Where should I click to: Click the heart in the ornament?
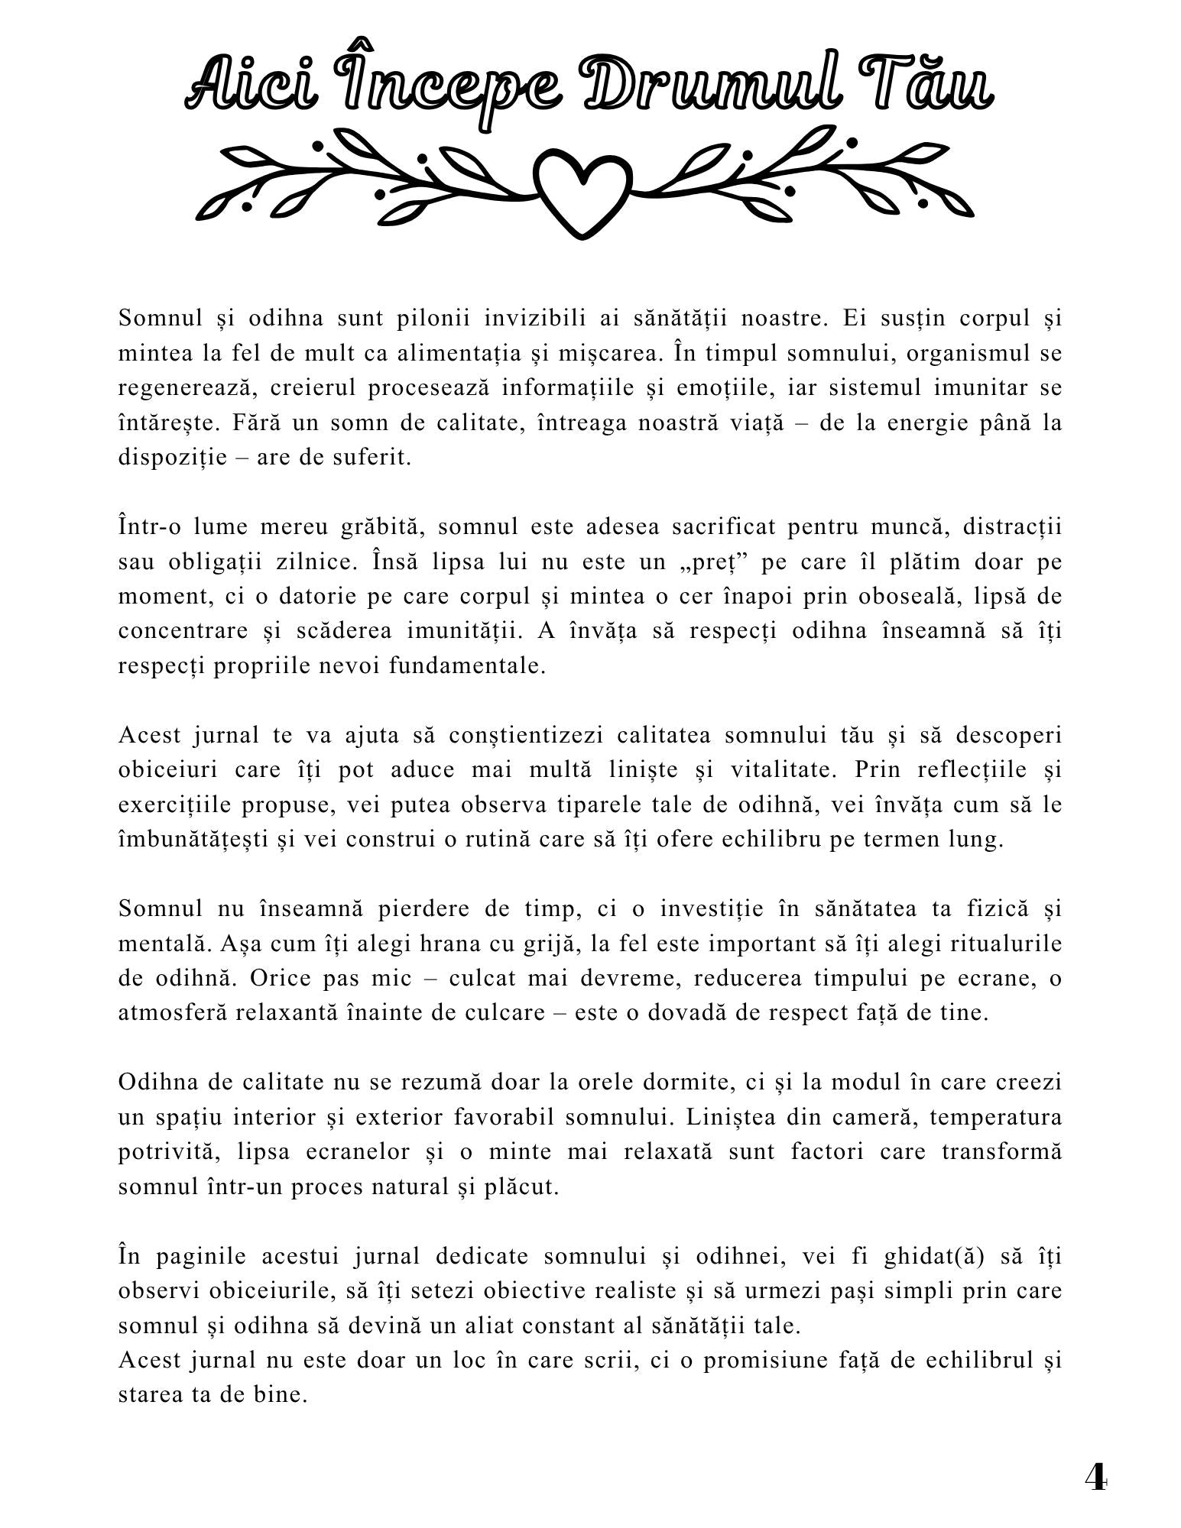[583, 190]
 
